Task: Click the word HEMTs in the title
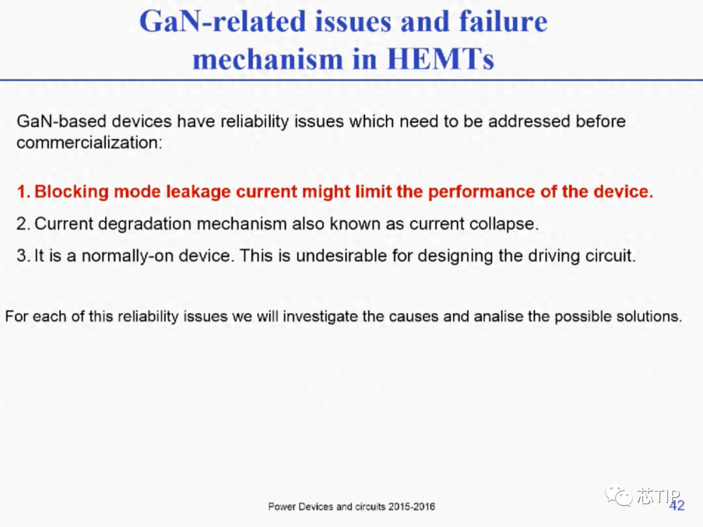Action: pyautogui.click(x=441, y=59)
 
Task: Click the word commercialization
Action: pyautogui.click(x=89, y=142)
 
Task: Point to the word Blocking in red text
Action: pyautogui.click(x=72, y=192)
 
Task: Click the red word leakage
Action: pyautogui.click(x=199, y=192)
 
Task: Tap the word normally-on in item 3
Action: pyautogui.click(x=128, y=256)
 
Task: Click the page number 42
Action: pyautogui.click(x=677, y=506)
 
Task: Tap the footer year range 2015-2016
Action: pyautogui.click(x=411, y=507)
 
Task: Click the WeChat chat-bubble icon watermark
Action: pyautogui.click(x=618, y=496)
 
